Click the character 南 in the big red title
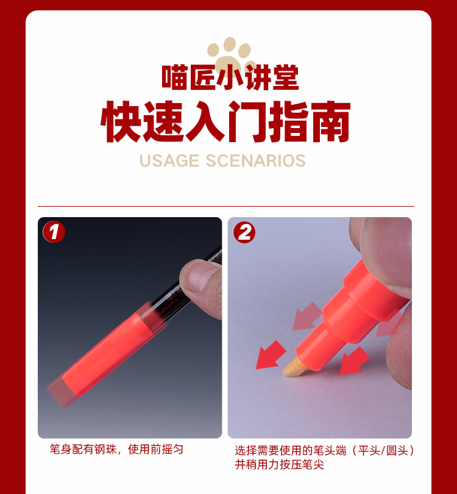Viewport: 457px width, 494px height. [x=330, y=121]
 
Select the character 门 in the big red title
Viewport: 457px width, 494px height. [x=249, y=121]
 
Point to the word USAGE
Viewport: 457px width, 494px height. [x=169, y=160]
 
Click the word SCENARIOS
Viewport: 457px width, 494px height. [x=255, y=160]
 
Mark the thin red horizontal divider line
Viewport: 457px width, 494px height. [x=226, y=206]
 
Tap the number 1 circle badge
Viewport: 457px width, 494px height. [x=54, y=232]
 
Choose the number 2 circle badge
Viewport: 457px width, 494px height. [x=244, y=232]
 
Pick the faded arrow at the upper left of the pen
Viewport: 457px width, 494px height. [x=307, y=317]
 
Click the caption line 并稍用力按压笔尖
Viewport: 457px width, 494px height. [x=279, y=465]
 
